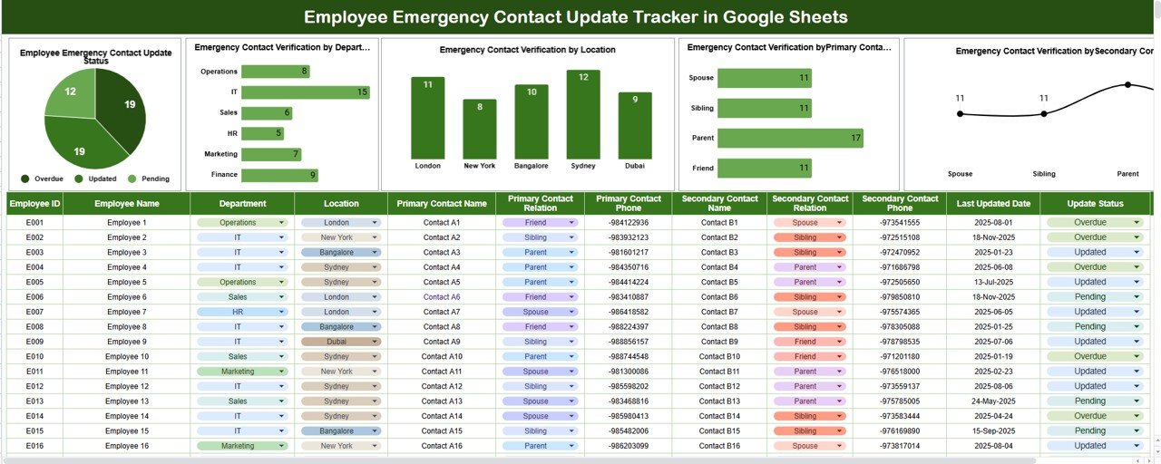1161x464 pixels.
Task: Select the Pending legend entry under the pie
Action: click(153, 179)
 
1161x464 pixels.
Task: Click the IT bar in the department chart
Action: click(305, 92)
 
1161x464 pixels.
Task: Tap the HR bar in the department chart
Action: click(262, 133)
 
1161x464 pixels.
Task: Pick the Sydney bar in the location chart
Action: click(583, 114)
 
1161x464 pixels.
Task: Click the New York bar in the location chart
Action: click(480, 129)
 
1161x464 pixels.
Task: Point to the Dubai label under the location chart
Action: click(635, 166)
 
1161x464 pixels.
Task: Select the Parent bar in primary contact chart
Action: click(789, 138)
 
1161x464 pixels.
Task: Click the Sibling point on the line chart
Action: click(1044, 113)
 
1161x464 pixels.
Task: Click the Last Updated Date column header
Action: click(994, 204)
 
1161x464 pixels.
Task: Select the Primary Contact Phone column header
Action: click(629, 204)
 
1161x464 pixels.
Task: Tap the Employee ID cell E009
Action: click(34, 342)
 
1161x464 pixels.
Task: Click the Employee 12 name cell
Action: click(127, 386)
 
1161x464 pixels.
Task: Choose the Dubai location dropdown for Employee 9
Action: click(341, 342)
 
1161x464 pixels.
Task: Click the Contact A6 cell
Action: click(442, 297)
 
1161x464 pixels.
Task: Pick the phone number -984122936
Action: click(629, 223)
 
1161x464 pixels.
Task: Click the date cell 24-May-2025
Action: click(994, 401)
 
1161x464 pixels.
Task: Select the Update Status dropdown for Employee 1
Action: click(1095, 223)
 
